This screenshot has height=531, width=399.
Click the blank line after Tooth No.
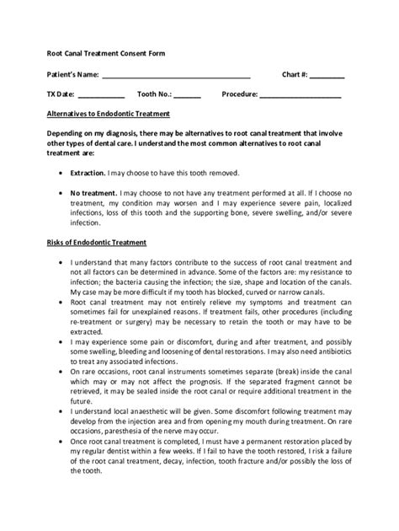pyautogui.click(x=188, y=94)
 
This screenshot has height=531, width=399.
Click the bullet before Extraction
pyautogui.click(x=62, y=173)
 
